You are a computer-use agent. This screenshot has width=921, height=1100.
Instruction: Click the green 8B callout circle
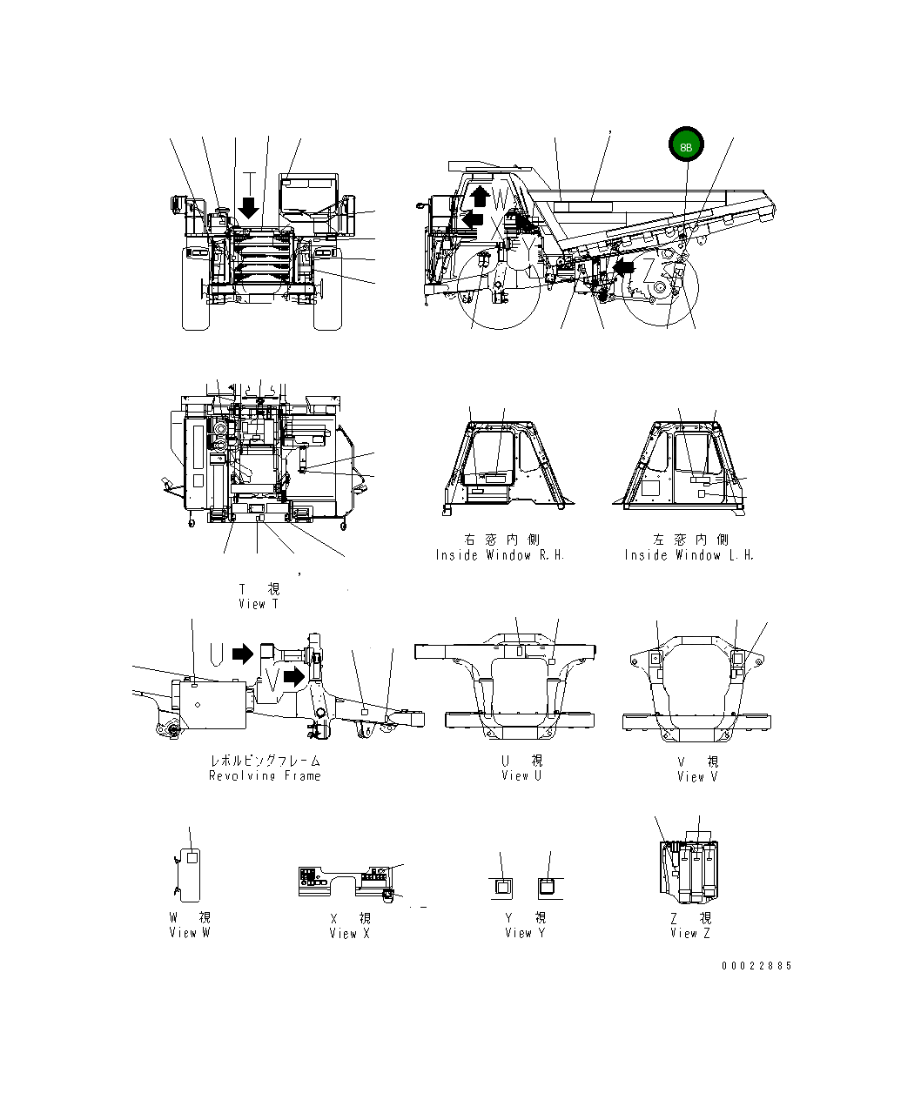(685, 146)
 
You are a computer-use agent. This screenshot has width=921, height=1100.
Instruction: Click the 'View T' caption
(259, 603)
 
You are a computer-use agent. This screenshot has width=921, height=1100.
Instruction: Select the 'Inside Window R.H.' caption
(501, 555)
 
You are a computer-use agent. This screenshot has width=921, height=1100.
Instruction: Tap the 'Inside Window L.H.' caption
(689, 555)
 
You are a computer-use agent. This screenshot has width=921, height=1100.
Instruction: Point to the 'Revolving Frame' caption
(265, 775)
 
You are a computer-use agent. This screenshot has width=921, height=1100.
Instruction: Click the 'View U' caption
(521, 775)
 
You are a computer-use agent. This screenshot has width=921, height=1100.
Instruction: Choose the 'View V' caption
(697, 776)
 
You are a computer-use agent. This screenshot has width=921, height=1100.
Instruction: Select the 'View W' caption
(190, 933)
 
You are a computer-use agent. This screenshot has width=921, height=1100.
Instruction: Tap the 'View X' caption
(350, 933)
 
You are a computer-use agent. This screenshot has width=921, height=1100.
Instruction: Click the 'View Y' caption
(526, 933)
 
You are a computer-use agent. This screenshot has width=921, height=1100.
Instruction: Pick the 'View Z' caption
(690, 933)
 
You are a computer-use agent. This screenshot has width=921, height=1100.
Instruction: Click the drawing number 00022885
(756, 966)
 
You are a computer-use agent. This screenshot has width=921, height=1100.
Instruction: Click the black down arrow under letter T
(249, 208)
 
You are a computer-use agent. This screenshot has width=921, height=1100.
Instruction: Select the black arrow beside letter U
(243, 653)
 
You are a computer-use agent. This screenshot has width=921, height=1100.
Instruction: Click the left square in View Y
(502, 887)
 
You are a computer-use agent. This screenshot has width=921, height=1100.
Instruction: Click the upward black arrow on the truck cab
(477, 197)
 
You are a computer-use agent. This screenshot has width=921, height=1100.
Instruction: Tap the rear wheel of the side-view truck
(661, 291)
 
